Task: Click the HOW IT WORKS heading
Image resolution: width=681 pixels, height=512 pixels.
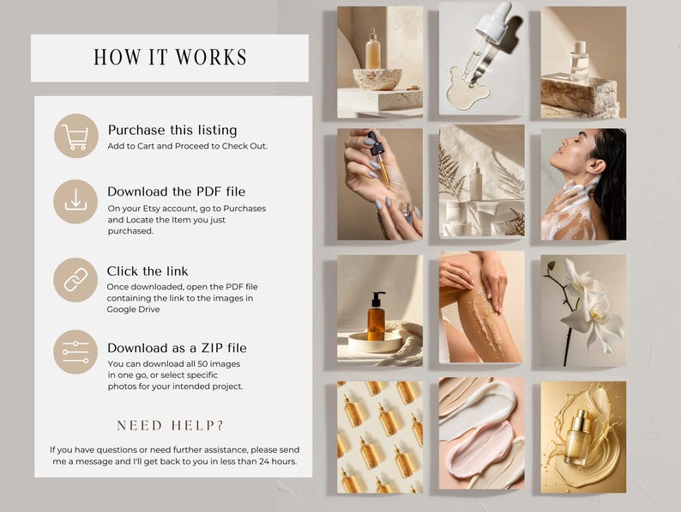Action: click(170, 58)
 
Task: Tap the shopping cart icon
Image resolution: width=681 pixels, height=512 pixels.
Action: click(75, 137)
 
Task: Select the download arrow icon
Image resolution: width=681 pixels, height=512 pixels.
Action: click(75, 200)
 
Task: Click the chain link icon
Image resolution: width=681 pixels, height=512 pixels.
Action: click(75, 280)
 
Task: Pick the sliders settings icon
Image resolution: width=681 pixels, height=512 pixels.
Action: click(75, 352)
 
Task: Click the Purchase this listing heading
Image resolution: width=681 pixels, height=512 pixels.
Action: click(172, 130)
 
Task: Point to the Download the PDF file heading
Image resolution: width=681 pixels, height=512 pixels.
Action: click(177, 192)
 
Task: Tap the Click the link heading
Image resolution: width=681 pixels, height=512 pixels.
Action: click(148, 271)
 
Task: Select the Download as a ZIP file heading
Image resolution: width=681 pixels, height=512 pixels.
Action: click(177, 348)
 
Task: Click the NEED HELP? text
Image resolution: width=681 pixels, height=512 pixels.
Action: click(170, 425)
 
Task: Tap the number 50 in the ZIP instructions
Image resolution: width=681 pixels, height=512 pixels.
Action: click(202, 363)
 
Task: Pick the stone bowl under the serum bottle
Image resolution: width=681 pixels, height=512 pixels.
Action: click(377, 79)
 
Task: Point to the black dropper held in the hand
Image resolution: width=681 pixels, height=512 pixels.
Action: click(377, 143)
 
